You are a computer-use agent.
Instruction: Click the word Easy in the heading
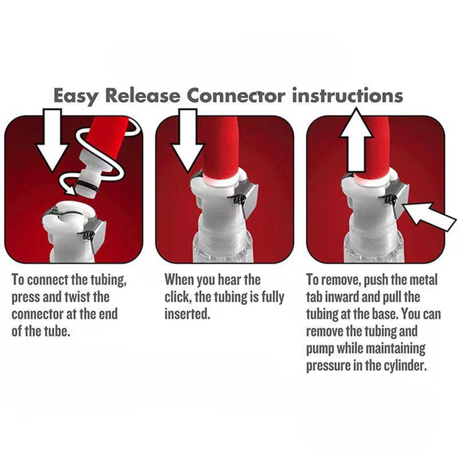[x=77, y=96]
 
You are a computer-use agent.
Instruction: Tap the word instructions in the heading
[x=348, y=96]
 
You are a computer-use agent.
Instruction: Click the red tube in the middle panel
[x=218, y=146]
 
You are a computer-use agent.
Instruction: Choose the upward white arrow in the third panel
[x=356, y=140]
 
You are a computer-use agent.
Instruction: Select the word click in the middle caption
[x=178, y=298]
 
